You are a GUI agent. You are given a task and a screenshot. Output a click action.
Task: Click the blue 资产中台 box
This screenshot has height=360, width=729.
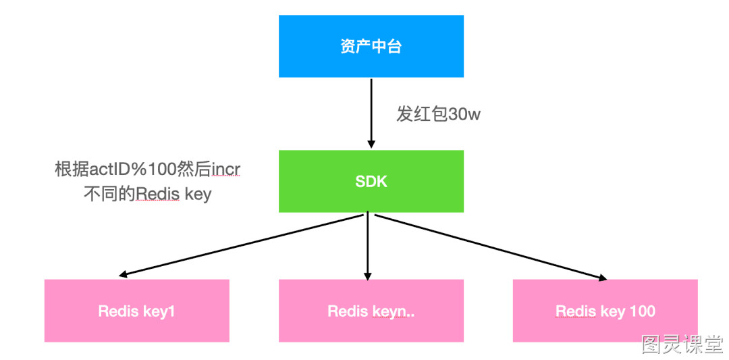tap(371, 46)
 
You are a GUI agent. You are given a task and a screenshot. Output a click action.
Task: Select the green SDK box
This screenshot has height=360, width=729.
tap(371, 182)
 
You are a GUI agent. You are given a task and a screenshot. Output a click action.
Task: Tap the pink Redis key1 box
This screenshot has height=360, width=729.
tap(136, 311)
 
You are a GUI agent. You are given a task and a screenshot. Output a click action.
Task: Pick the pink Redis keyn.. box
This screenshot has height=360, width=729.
tap(371, 311)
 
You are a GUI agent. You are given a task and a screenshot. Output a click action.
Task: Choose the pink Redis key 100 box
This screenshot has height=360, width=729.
tap(605, 311)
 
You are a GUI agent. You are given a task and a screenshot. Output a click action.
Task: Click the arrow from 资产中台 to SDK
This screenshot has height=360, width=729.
tap(371, 113)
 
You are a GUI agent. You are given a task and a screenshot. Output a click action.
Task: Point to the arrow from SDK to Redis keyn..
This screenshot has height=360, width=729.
tap(368, 246)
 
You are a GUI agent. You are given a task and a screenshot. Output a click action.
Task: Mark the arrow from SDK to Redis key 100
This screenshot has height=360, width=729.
tap(491, 247)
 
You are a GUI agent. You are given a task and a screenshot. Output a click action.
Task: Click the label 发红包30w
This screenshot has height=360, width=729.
tap(438, 114)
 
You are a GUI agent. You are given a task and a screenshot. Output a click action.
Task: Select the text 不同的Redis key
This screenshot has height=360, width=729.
tap(147, 194)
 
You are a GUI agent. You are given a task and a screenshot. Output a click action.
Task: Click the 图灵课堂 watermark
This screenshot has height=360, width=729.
tap(682, 344)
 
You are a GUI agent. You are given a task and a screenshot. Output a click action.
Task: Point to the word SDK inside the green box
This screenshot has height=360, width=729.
tap(371, 182)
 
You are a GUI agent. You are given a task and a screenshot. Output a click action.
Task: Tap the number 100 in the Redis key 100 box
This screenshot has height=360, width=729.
tap(640, 311)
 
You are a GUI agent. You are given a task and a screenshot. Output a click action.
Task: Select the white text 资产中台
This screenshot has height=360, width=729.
tap(371, 47)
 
